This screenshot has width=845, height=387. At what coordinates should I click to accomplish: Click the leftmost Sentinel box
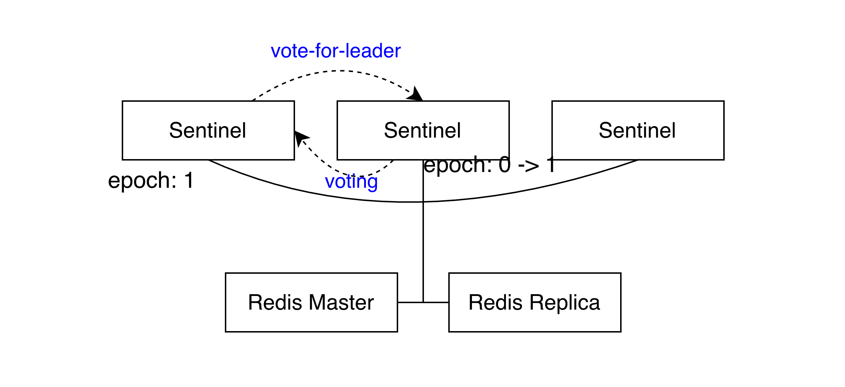208,130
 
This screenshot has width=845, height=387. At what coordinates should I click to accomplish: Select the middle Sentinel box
423,130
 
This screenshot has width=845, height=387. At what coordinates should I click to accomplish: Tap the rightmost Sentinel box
638,130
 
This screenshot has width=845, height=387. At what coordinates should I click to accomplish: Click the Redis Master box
311,302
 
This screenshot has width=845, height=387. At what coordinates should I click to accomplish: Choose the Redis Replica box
535,302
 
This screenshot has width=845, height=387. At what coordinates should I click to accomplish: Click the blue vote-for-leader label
335,51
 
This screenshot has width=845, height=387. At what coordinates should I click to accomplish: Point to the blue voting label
351,181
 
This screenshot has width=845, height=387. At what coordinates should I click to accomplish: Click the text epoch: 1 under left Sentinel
151,180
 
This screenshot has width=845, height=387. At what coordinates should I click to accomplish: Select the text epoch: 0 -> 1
489,165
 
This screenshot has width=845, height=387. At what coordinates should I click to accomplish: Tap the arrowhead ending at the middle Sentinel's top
416,94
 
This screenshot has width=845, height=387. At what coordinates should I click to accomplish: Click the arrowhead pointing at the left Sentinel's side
300,138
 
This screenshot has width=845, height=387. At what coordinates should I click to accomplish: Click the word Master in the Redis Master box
341,302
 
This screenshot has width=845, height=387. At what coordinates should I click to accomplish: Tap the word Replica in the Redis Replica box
565,302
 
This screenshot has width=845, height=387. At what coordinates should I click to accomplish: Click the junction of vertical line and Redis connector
423,302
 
